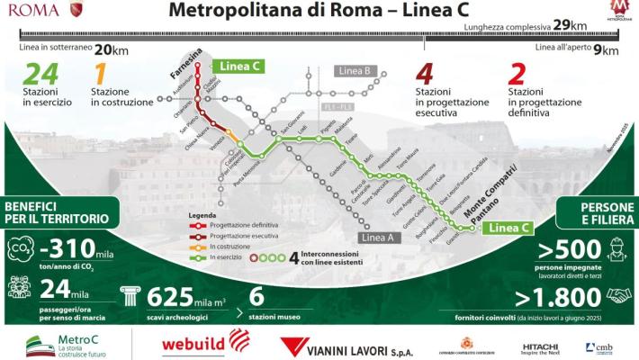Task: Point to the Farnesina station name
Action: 188,59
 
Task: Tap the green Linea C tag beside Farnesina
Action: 238,66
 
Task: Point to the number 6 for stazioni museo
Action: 256,294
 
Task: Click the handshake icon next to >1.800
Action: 616,296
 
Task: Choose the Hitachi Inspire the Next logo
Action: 540,347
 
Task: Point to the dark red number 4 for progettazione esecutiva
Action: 426,75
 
